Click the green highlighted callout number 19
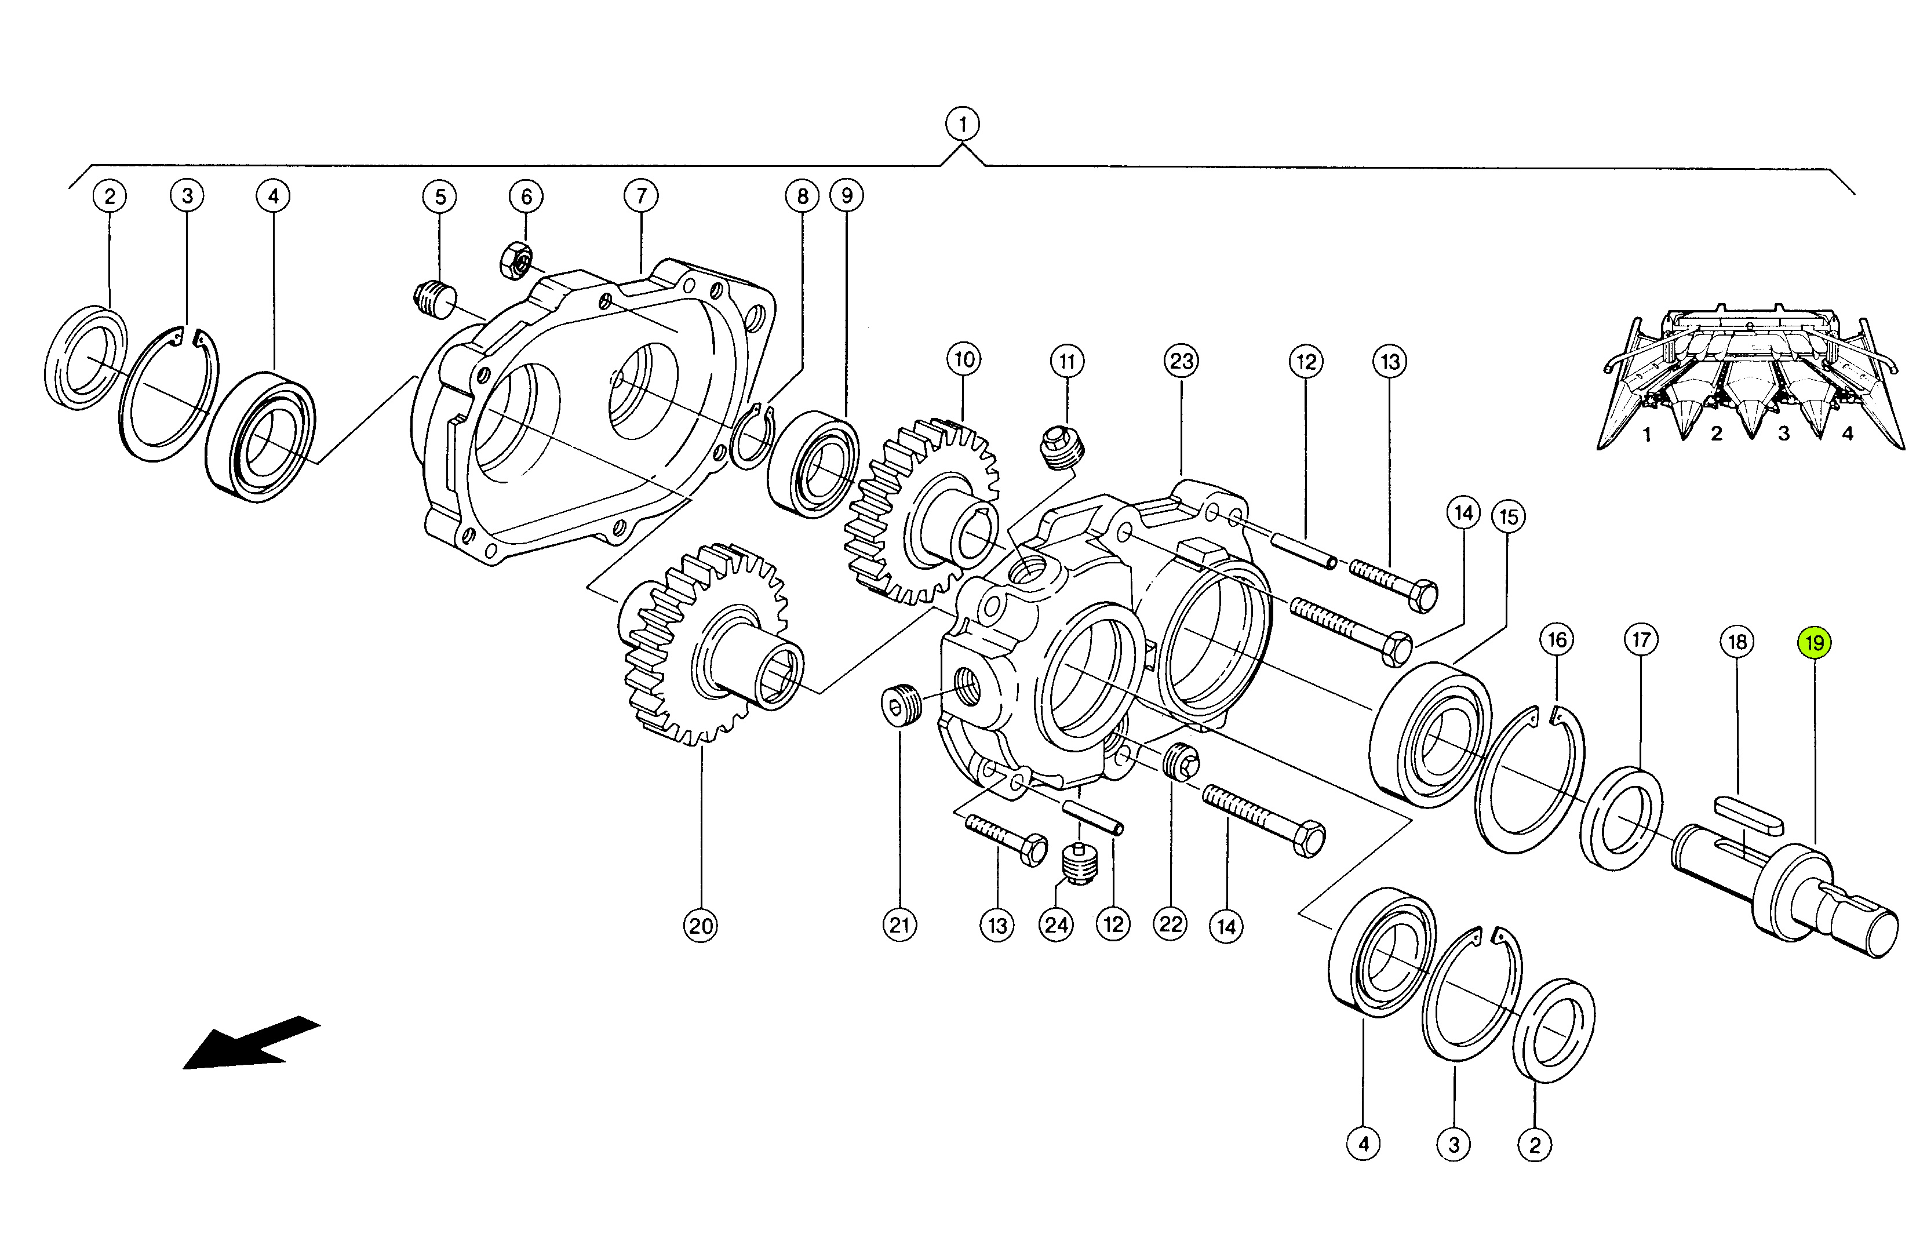[1814, 643]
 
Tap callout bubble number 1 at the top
[962, 124]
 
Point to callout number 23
[1182, 361]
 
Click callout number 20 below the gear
[701, 926]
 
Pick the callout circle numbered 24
[1056, 926]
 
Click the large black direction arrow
[252, 1043]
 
